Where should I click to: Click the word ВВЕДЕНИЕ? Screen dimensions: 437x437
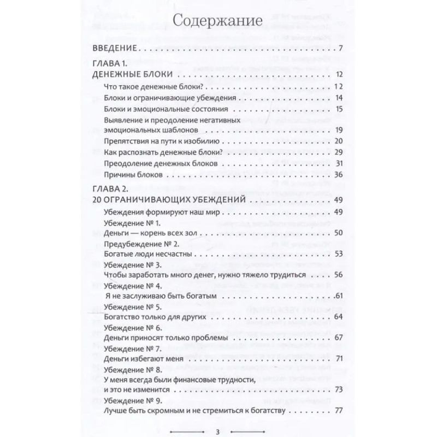click(x=116, y=49)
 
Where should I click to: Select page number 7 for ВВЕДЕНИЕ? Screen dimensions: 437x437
click(x=340, y=49)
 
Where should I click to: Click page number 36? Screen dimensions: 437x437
click(x=337, y=175)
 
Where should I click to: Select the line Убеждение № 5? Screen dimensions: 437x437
click(x=131, y=306)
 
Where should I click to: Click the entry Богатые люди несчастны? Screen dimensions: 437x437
click(x=150, y=254)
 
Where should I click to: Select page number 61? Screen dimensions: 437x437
click(x=338, y=296)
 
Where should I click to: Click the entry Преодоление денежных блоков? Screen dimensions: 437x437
click(x=161, y=164)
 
